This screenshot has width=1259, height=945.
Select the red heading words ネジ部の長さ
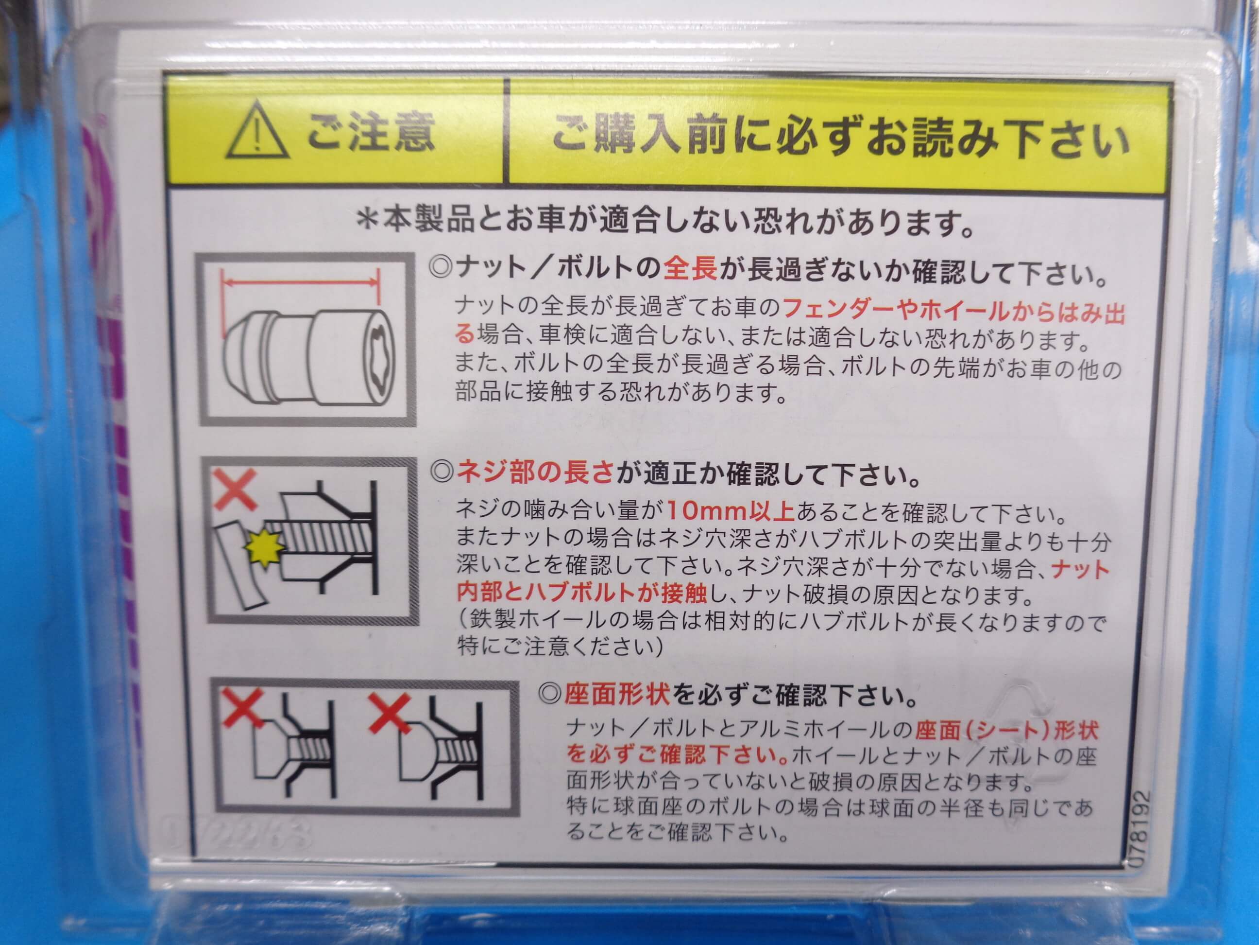tap(534, 473)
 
